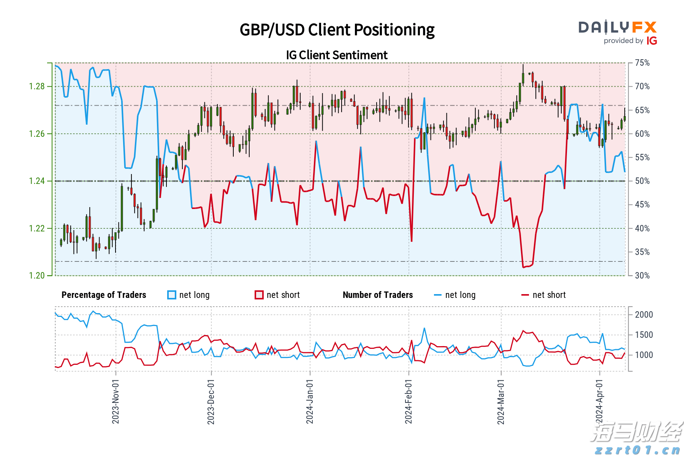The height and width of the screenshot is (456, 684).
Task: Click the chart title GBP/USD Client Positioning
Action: coord(337,30)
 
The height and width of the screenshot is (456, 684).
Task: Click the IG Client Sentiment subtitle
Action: coord(337,55)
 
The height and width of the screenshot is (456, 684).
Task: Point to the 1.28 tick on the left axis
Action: coord(37,87)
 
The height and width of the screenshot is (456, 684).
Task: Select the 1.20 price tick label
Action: coord(37,275)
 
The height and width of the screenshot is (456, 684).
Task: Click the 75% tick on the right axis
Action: coord(642,63)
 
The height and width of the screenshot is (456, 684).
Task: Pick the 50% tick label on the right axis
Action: coord(642,181)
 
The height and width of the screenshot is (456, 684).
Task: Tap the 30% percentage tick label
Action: coord(642,275)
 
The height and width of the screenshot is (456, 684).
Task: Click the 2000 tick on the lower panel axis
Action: coord(644,315)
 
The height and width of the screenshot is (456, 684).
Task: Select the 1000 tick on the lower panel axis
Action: coord(644,355)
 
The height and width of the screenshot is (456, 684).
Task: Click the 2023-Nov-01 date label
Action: coord(116,401)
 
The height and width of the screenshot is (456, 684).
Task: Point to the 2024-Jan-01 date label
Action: coord(310,401)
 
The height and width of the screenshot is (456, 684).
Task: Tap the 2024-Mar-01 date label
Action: coord(501,401)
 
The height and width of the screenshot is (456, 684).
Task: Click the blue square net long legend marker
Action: coord(172,295)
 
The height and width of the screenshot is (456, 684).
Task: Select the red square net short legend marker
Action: coord(259,295)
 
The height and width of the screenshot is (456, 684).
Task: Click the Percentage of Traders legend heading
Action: coord(104,295)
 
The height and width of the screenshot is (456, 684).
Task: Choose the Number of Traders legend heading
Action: coord(378,295)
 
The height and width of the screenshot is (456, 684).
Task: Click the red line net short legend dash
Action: coord(525,295)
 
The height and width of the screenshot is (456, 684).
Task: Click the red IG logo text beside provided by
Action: coord(652,41)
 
